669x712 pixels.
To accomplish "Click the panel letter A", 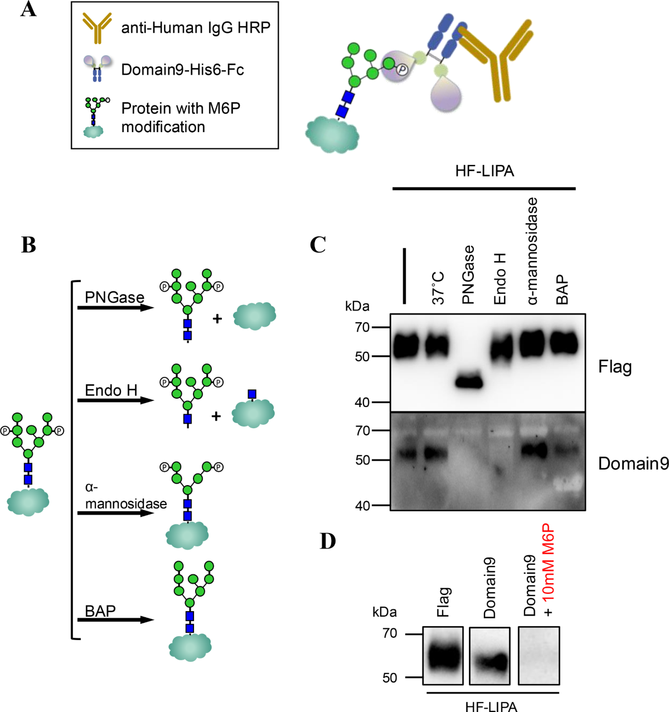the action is click(x=28, y=9).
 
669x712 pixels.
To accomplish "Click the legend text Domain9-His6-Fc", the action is click(x=182, y=70).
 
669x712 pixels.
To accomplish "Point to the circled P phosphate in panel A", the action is click(x=402, y=69).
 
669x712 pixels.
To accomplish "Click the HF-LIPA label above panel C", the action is click(x=484, y=171).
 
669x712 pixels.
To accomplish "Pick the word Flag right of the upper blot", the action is click(x=614, y=367).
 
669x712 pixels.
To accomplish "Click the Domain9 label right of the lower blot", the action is click(x=633, y=463).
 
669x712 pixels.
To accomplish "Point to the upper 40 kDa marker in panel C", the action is click(x=362, y=402).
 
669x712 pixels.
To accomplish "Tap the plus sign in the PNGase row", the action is click(x=217, y=318).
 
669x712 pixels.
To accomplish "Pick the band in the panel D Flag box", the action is click(x=443, y=657).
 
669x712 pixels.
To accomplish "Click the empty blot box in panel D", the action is click(x=539, y=655).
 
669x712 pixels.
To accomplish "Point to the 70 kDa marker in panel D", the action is click(x=390, y=633).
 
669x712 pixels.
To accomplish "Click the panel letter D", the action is click(x=328, y=540).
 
